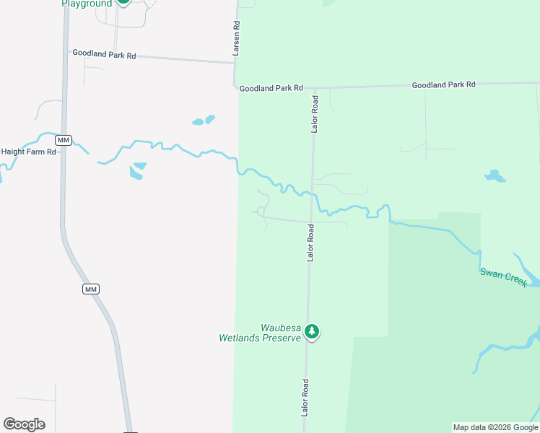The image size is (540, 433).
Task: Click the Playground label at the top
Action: [x=87, y=4]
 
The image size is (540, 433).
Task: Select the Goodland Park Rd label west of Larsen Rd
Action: [x=104, y=54]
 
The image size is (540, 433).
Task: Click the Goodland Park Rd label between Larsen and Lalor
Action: [x=271, y=88]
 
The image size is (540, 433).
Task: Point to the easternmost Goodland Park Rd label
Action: [x=443, y=84]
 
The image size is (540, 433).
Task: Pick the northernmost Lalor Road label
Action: [x=314, y=113]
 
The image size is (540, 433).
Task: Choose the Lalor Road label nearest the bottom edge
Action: [x=305, y=397]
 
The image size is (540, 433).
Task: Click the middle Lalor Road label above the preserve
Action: [x=310, y=242]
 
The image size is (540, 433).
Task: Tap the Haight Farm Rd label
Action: [x=28, y=152]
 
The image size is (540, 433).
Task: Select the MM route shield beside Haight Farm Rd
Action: [x=64, y=139]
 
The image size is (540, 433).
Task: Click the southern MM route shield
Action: [x=90, y=289]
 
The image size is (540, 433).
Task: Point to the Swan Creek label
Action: [x=503, y=276]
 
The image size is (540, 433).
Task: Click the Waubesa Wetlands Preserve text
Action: [x=259, y=333]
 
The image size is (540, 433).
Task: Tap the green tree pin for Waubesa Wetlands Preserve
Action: [x=311, y=331]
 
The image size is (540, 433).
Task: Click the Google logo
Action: [x=24, y=424]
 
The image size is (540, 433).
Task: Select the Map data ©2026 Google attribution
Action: [x=495, y=427]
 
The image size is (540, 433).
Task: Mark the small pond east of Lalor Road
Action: [x=495, y=175]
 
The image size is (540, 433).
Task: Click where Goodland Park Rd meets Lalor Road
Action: [x=314, y=88]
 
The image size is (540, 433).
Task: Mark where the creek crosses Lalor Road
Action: [x=312, y=195]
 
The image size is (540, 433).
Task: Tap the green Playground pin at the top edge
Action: [x=123, y=1]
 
